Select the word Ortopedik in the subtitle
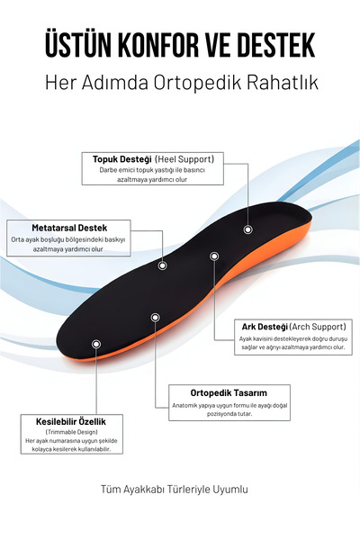[197, 83]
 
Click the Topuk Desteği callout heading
[122, 159]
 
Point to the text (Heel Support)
[184, 159]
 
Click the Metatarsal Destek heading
[69, 228]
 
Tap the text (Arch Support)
[318, 327]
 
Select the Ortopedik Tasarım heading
[229, 393]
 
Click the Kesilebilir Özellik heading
[71, 421]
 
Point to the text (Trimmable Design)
[71, 432]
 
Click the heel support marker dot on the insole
[248, 229]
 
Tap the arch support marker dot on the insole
[214, 256]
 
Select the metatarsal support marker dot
[163, 265]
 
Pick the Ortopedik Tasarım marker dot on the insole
[156, 317]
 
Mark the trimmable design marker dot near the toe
[96, 344]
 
